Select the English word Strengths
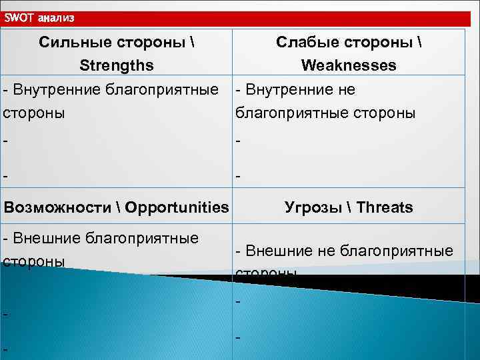(117, 65)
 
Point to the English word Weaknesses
(349, 65)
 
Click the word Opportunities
(176, 207)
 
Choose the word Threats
(385, 207)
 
